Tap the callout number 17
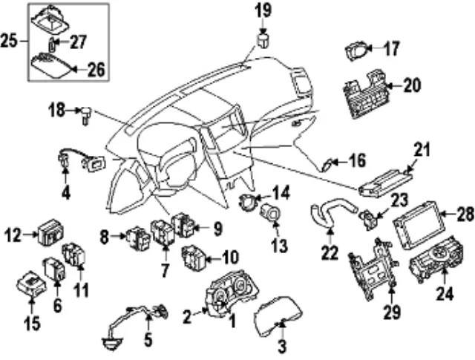[x=391, y=50]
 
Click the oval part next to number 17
[x=357, y=51]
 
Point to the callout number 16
[x=358, y=160]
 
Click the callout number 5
[x=148, y=341]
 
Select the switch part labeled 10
[x=194, y=258]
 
